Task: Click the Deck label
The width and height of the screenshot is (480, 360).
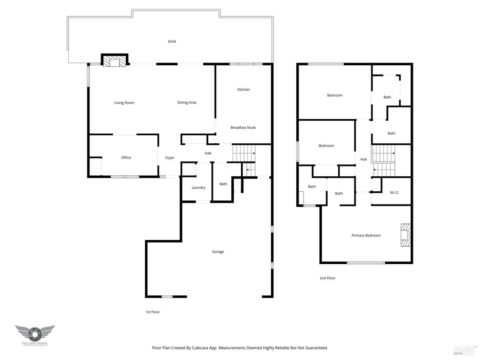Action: click(x=172, y=41)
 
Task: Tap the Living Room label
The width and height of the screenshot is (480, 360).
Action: click(x=124, y=103)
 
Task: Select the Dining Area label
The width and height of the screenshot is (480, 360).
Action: click(x=187, y=102)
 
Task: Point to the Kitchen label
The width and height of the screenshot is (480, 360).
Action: click(x=243, y=90)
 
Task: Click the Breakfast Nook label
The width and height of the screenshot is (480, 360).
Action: click(x=243, y=127)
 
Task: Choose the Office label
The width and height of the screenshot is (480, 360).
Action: click(x=126, y=157)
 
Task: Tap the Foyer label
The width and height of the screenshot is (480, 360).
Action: click(x=170, y=158)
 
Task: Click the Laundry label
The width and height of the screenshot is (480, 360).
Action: click(x=198, y=188)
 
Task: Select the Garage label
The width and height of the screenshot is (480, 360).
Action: click(x=218, y=252)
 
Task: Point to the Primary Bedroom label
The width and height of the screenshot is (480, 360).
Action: click(x=366, y=236)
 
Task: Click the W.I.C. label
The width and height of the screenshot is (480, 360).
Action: click(x=394, y=193)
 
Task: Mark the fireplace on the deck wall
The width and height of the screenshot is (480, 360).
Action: click(x=115, y=61)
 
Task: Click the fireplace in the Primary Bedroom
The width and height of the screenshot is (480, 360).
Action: click(x=405, y=235)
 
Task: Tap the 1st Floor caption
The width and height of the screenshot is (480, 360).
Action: click(x=152, y=312)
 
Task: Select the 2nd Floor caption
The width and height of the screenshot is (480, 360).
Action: click(x=327, y=278)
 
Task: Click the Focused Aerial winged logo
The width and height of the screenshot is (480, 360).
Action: click(x=35, y=334)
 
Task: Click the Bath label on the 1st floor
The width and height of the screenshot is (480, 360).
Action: click(x=223, y=184)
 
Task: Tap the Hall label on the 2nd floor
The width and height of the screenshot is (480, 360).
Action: click(x=364, y=159)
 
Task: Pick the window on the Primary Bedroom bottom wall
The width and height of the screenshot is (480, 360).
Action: click(x=366, y=263)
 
